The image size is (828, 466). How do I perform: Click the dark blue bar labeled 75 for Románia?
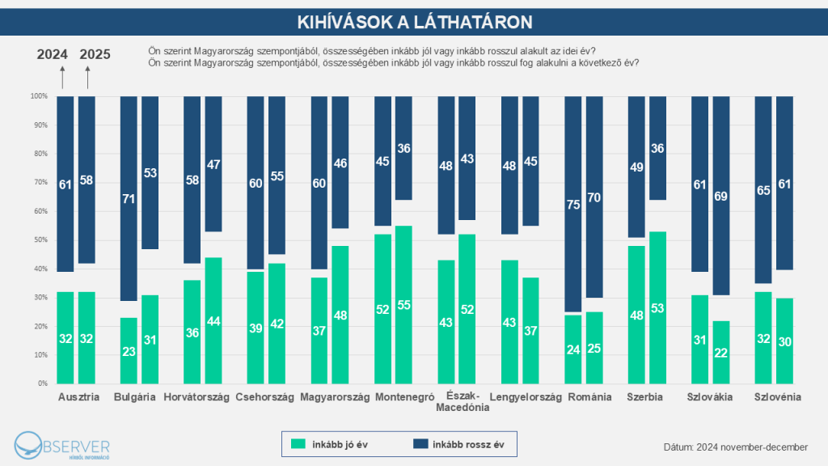click(x=572, y=204)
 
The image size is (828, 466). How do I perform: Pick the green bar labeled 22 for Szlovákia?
click(x=721, y=352)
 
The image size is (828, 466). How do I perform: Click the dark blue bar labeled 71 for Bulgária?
click(x=129, y=198)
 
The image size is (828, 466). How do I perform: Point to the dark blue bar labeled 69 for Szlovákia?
click(x=721, y=195)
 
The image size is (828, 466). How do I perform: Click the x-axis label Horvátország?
click(x=196, y=397)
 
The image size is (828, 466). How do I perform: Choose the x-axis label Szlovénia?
click(x=777, y=397)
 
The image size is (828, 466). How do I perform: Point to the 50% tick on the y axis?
click(x=39, y=240)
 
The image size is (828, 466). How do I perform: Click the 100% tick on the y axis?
click(x=38, y=96)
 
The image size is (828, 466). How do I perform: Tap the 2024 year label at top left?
click(x=53, y=55)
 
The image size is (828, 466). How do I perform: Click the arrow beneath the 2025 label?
click(x=87, y=78)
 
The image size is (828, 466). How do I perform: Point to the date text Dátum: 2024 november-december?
click(x=735, y=447)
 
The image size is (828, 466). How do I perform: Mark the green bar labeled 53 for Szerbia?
click(x=658, y=307)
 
